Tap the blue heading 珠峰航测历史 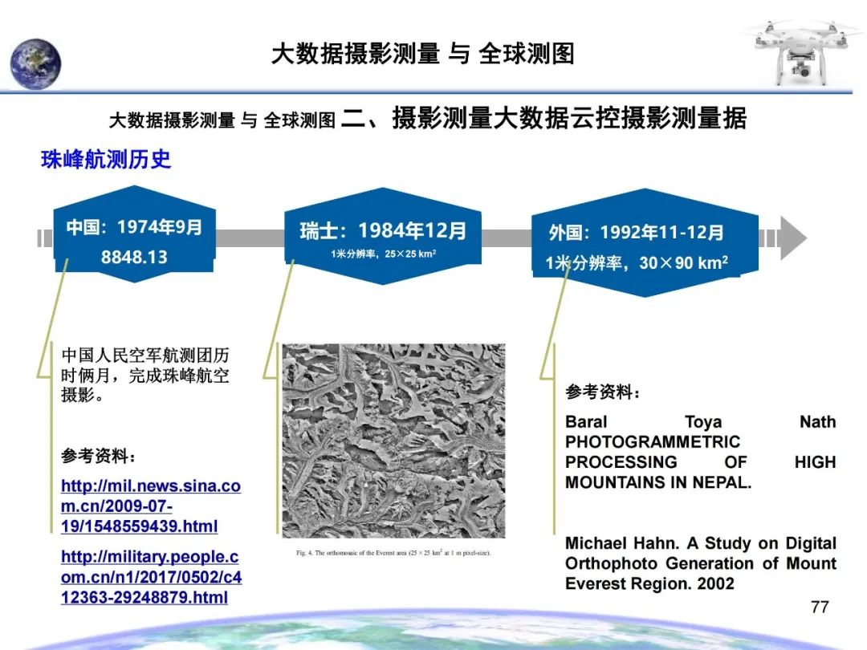click(106, 160)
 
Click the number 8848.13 click(134, 258)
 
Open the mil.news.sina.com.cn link click(150, 506)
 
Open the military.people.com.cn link click(151, 577)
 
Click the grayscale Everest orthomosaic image click(393, 441)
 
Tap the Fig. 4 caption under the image click(393, 553)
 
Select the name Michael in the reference click(595, 543)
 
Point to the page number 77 click(820, 607)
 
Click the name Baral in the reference click(586, 422)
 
